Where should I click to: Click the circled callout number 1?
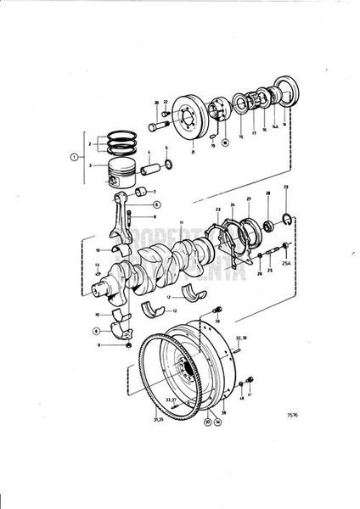click(x=74, y=157)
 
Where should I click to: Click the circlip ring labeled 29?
click(x=286, y=225)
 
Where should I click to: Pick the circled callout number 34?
click(x=218, y=420)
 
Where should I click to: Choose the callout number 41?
click(x=250, y=394)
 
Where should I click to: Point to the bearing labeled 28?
click(x=268, y=226)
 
